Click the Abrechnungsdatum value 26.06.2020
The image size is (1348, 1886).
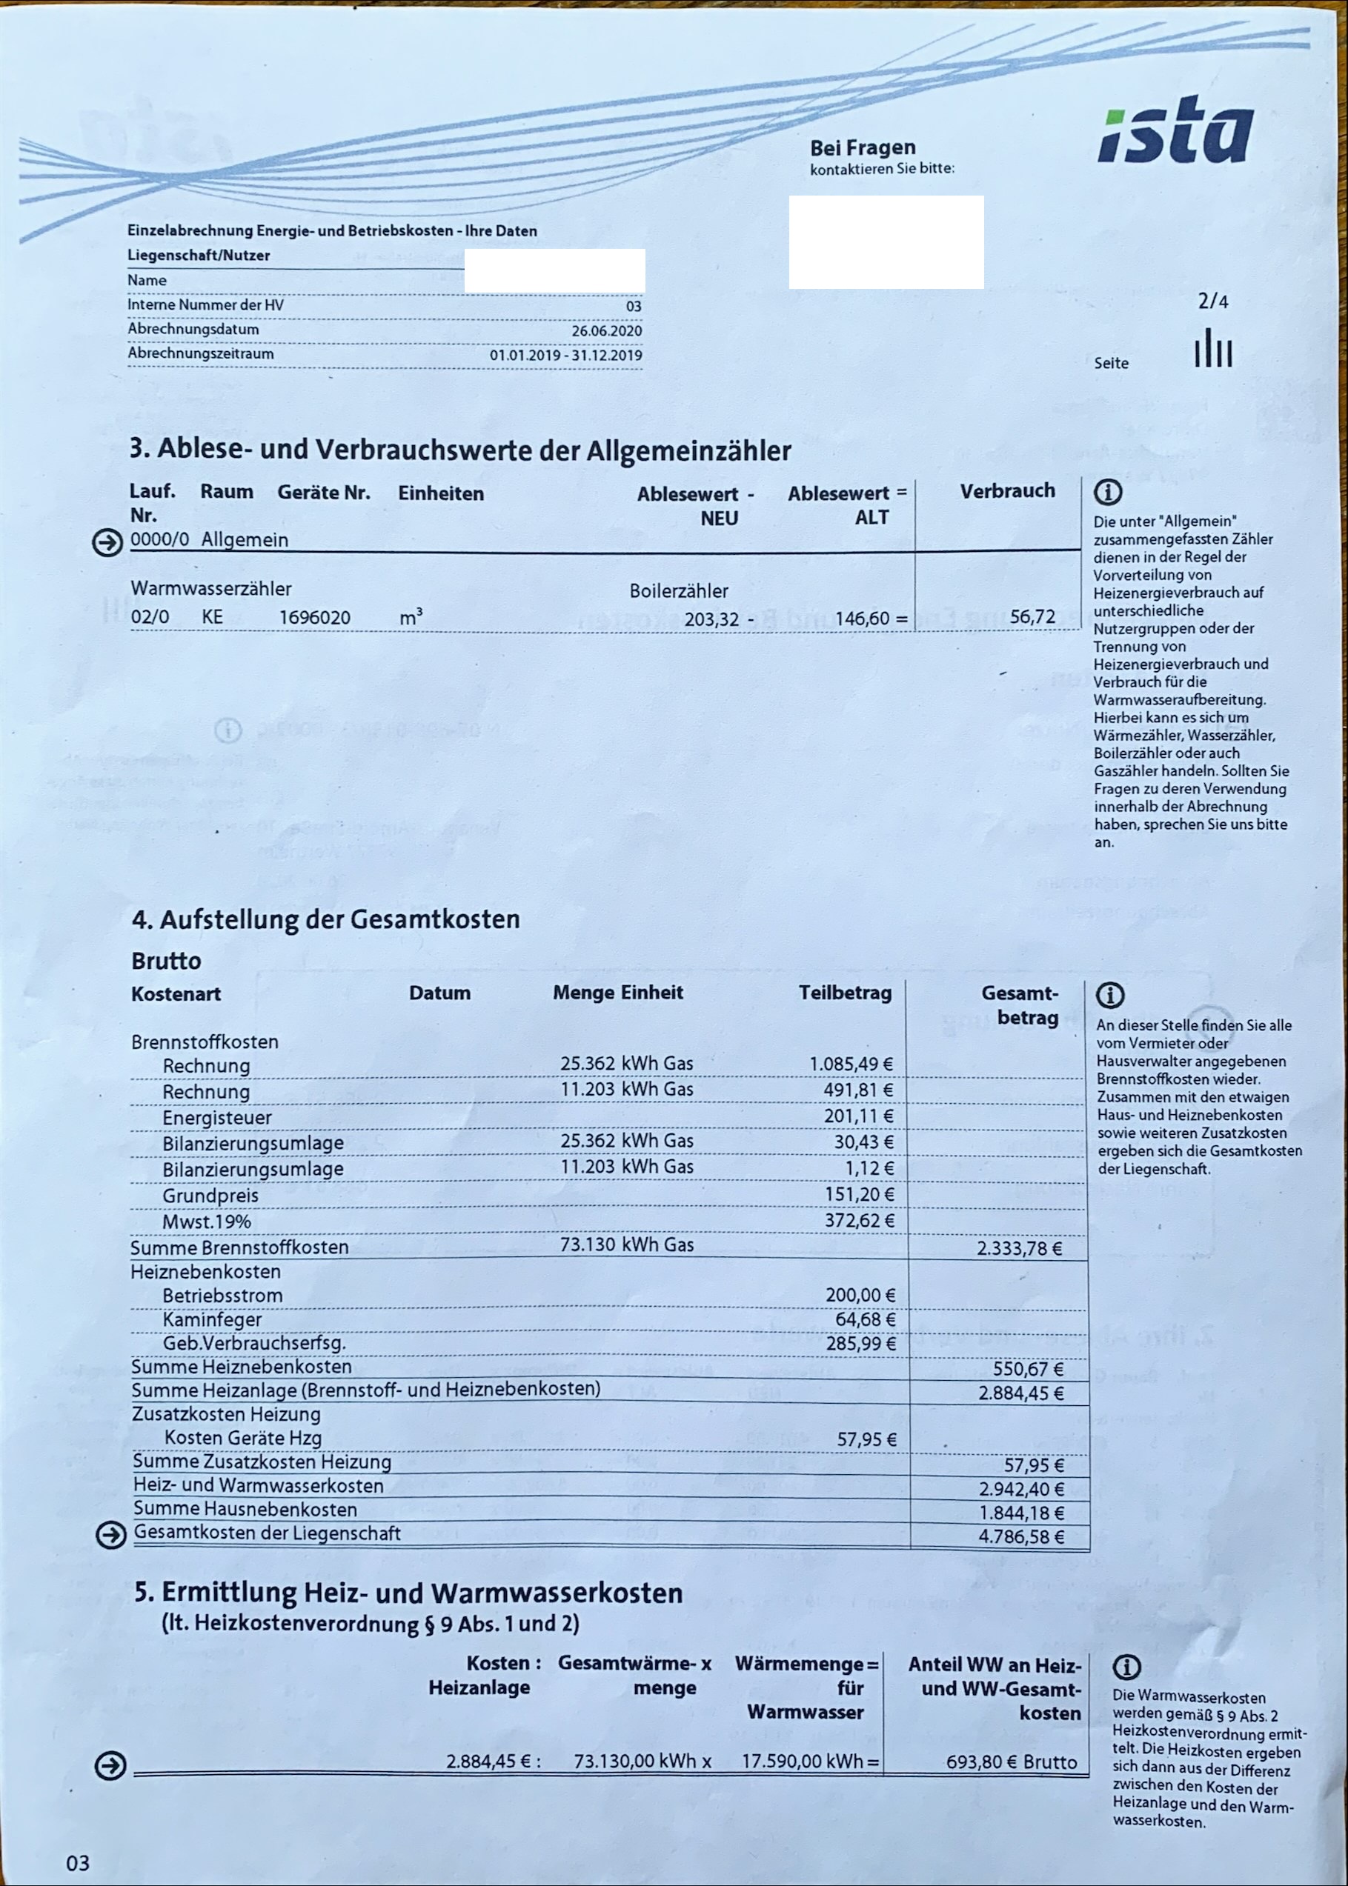606,331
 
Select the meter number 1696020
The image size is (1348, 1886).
315,618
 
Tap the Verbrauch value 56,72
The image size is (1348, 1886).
1032,617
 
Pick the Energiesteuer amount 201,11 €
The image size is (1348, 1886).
858,1117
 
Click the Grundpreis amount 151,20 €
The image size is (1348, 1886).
858,1194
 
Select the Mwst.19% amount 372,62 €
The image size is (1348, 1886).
858,1221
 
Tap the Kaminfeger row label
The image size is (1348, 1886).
212,1319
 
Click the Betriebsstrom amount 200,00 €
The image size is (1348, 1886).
860,1295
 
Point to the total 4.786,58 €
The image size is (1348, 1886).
1020,1536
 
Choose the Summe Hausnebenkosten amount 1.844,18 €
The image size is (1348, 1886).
1020,1513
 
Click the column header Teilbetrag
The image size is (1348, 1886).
845,993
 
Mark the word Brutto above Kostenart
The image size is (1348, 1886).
166,961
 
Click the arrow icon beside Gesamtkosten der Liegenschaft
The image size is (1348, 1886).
110,1535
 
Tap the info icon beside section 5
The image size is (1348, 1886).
1126,1666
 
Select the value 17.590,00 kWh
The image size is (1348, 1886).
802,1762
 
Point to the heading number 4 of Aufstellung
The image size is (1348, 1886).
141,919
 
